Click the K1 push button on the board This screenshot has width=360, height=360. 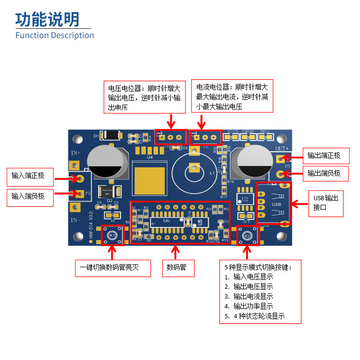click(112, 235)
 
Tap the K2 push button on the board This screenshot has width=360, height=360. click(247, 235)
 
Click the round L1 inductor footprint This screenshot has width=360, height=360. click(194, 168)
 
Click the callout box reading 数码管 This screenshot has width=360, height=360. click(179, 268)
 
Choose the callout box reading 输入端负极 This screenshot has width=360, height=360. click(30, 197)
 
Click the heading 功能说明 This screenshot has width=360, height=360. click(47, 19)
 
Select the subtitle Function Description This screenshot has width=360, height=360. click(54, 35)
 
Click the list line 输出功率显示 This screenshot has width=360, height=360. click(253, 306)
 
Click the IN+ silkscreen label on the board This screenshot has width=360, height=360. click(76, 153)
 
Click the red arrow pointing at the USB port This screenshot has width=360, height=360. click(300, 203)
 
